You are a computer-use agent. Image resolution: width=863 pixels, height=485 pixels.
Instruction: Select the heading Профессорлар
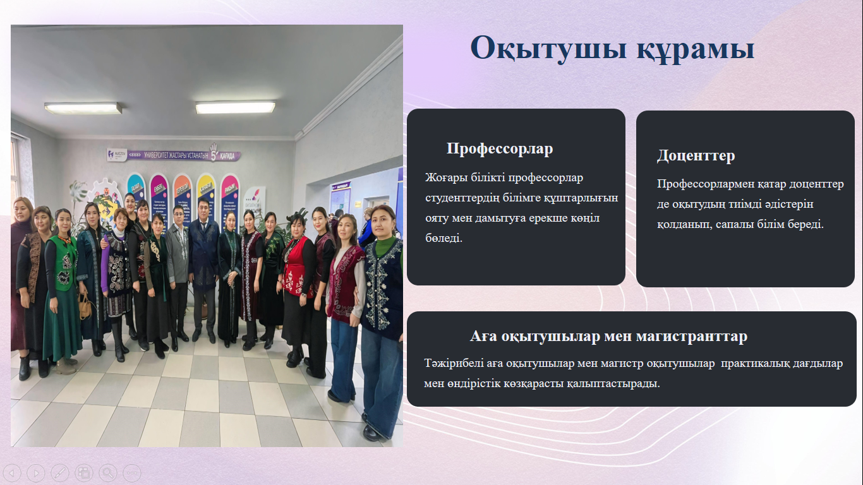pyautogui.click(x=499, y=148)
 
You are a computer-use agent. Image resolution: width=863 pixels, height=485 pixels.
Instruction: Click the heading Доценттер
pyautogui.click(x=696, y=155)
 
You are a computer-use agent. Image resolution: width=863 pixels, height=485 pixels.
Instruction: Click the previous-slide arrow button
pyautogui.click(x=13, y=472)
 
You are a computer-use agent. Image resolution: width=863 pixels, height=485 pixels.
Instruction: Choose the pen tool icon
pyautogui.click(x=59, y=472)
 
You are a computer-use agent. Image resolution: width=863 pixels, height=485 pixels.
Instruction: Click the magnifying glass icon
pyautogui.click(x=107, y=472)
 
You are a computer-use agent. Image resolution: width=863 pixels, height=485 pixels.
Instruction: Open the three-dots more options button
pyautogui.click(x=131, y=472)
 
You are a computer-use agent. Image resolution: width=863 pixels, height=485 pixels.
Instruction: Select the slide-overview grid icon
pyautogui.click(x=83, y=472)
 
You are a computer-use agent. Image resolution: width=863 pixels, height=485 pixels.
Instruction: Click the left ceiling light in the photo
pyautogui.click(x=83, y=109)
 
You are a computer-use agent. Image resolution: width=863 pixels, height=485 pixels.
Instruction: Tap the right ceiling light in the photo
pyautogui.click(x=235, y=108)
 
